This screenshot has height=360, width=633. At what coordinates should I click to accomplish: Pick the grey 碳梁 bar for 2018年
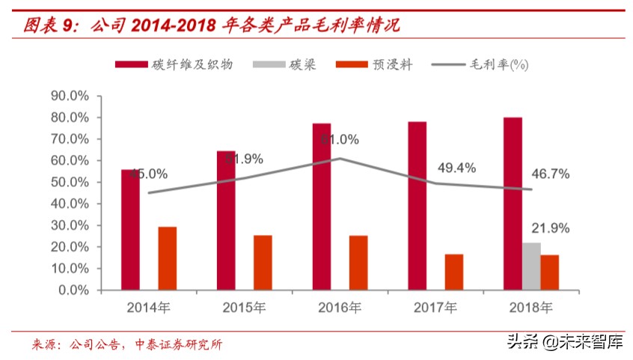point(531,266)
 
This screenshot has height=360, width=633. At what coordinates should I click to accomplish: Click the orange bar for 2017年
point(453,272)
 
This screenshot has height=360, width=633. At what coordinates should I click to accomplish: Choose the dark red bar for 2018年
point(513,203)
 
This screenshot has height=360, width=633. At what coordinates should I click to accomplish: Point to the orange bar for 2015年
point(263,262)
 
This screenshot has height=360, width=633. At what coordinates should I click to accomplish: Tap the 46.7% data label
point(551,174)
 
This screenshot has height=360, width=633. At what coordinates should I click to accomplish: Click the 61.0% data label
point(340,139)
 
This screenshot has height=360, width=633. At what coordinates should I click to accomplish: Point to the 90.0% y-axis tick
point(70,96)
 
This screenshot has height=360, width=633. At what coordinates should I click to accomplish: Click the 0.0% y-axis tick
point(73,290)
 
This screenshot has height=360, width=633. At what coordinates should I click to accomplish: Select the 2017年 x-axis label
point(435,307)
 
